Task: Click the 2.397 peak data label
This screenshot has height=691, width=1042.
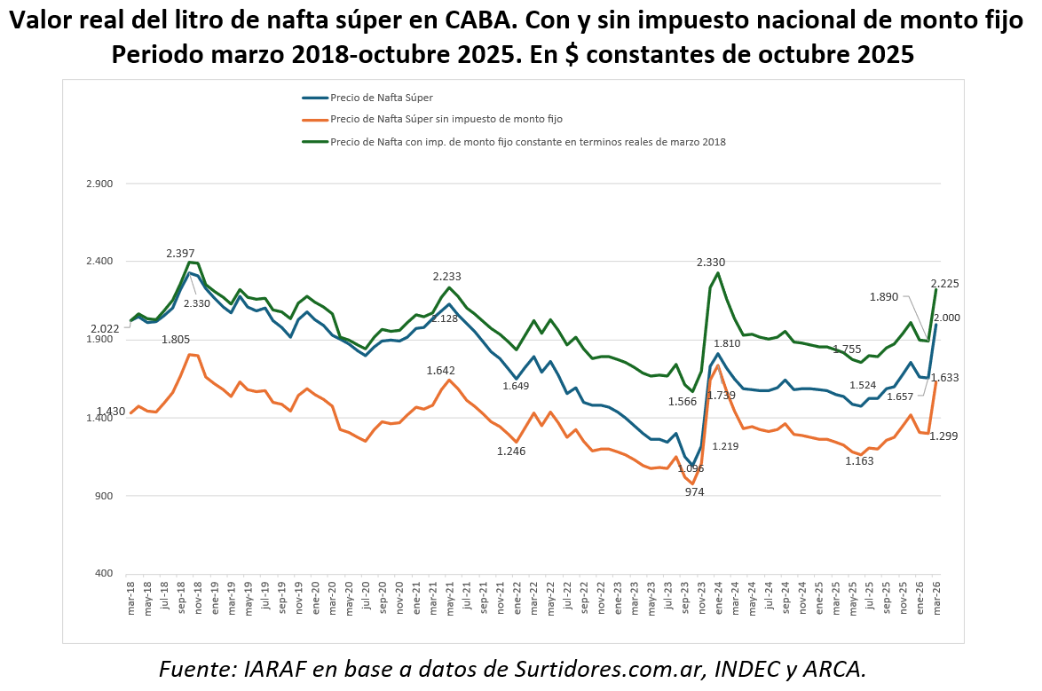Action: [180, 254]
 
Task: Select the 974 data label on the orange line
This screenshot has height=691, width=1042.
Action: [694, 491]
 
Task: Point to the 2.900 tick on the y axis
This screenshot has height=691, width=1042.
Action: [99, 184]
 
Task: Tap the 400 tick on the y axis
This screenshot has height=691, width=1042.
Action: [103, 573]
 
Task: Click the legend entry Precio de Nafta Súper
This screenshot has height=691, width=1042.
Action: [381, 98]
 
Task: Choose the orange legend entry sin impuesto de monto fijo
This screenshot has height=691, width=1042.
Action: [446, 119]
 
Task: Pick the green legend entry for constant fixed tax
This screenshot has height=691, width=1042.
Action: [527, 141]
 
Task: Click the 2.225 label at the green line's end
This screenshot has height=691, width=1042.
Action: [945, 284]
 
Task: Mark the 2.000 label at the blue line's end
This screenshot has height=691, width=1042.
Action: [945, 318]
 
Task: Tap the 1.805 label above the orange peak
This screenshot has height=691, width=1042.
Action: [176, 340]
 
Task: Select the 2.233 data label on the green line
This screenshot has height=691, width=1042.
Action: [447, 277]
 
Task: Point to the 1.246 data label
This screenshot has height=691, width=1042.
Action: [511, 452]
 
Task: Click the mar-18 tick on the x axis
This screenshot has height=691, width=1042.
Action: [131, 600]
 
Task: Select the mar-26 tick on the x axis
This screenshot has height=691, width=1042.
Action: [937, 600]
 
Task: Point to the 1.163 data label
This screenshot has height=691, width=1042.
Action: [859, 461]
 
